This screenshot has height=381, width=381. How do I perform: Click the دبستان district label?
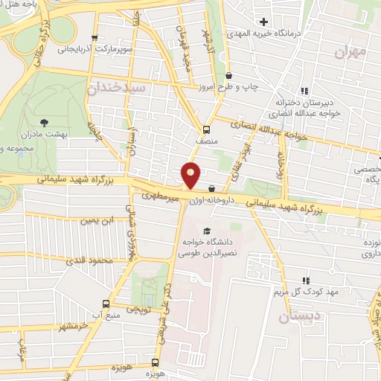pos(298,317)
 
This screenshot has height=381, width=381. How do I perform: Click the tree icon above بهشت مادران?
pos(44,121)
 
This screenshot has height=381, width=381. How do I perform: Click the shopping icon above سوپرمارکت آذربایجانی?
pos(94,38)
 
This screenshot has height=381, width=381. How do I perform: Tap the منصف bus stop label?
pos(205,139)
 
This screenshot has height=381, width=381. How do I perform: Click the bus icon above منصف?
pos(205,128)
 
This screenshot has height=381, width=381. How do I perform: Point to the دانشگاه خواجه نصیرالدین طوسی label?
pos(208,248)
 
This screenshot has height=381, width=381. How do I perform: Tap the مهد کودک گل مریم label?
pos(311,291)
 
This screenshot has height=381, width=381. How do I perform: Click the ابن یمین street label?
pos(99,221)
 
